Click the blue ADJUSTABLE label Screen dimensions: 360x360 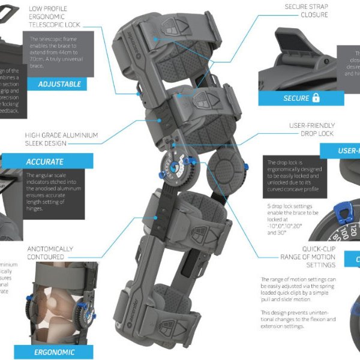click(x=59, y=84)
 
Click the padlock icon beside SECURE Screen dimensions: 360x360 click(x=316, y=98)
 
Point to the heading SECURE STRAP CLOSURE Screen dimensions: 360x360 click(x=305, y=10)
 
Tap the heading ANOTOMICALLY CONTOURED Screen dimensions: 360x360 click(x=50, y=253)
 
